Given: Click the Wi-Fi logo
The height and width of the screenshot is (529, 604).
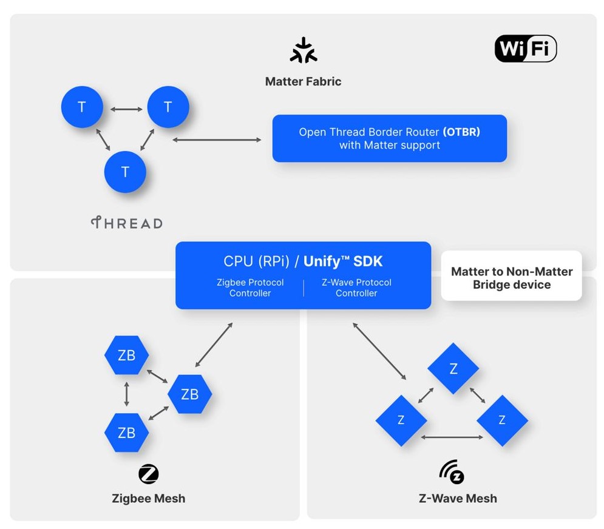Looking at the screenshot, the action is pos(526,49).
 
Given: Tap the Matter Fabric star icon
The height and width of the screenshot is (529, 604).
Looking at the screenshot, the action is pos(304,50).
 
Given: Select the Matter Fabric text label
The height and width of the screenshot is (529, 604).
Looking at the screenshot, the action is pos(303,82).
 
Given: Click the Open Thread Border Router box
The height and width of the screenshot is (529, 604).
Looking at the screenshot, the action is pos(390,138).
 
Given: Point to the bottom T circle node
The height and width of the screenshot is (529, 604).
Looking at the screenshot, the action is pos(125,172).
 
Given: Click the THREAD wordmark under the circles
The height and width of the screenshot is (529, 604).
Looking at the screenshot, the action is pos(127,223).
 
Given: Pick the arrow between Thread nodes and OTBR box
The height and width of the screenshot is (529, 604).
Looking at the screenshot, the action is pos(217,140).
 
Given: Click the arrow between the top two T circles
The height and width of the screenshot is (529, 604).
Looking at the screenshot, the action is pos(126,109).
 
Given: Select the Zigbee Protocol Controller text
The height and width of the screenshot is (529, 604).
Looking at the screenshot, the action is pos(250,288).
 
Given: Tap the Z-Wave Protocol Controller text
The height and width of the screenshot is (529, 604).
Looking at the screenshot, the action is pos(356,288).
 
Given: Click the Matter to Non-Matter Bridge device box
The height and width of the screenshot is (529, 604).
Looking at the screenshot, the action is pos(512,275).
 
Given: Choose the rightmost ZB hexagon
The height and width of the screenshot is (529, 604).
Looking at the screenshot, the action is pos(190,394).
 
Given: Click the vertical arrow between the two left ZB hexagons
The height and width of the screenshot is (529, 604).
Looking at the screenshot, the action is pos(127,394).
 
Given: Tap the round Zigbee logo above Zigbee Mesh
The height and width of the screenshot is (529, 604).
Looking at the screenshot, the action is pos(149,474).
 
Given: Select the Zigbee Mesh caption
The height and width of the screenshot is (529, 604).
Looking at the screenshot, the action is pos(149,499).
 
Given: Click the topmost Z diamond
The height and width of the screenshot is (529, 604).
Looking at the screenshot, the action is pos(453,368).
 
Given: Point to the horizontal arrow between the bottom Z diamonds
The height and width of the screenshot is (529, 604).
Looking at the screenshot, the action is pos(452,437).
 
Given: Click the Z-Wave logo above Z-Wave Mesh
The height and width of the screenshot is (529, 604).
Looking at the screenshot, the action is pos(452,472).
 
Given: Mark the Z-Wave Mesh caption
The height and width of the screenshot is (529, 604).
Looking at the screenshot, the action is pos(458,499).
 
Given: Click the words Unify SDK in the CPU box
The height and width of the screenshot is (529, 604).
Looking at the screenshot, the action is pos(343,261).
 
